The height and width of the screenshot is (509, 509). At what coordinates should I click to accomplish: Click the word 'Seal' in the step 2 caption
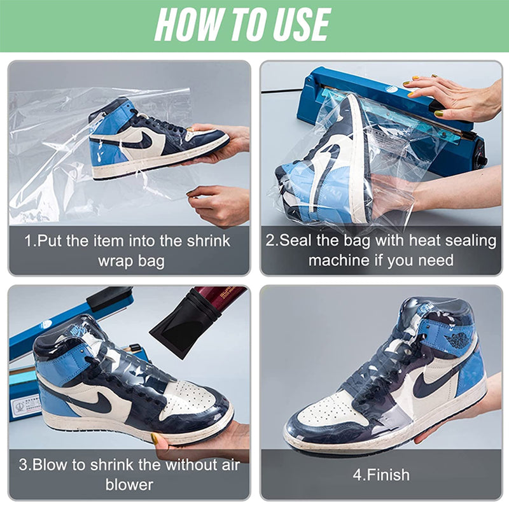[298, 241]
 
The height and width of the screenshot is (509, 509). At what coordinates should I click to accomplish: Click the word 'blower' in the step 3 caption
[129, 485]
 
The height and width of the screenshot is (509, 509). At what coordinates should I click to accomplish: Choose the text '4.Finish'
[382, 475]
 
